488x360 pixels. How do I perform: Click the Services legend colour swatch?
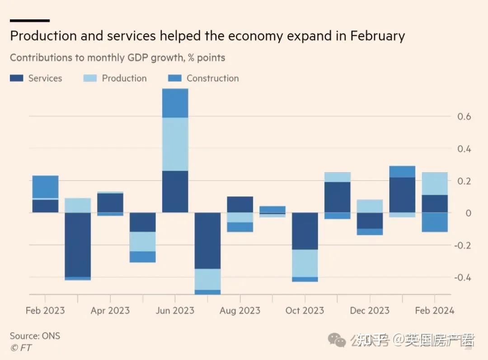(16, 78)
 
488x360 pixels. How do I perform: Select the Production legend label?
(124, 78)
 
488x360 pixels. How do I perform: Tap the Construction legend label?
(212, 78)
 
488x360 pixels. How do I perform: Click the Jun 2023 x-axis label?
(175, 311)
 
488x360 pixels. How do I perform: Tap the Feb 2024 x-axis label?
(434, 311)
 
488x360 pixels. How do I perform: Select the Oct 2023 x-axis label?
(305, 311)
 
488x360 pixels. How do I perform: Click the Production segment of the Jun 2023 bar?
(175, 144)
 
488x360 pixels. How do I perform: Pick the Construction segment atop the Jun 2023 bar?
(175, 103)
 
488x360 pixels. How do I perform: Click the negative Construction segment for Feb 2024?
(434, 222)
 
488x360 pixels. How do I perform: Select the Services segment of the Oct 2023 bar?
(305, 231)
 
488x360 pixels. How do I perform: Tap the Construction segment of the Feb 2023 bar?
(45, 186)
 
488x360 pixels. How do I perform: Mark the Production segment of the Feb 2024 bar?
(434, 183)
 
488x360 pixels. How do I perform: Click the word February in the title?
(377, 36)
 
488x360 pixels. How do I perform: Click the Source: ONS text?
(35, 336)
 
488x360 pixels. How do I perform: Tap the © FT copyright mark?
(21, 348)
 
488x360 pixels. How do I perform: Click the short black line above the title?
(29, 20)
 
